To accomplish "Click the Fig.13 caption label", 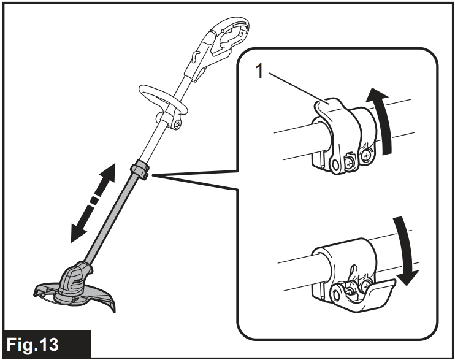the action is click(x=32, y=344).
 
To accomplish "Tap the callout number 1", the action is click(x=260, y=71).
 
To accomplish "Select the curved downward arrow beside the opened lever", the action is click(x=406, y=251).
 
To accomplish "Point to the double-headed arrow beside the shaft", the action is click(x=93, y=202).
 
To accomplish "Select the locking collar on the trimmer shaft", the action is click(x=140, y=170).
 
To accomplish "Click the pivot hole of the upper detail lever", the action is click(x=335, y=165).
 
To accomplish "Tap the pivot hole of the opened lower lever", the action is click(x=337, y=294).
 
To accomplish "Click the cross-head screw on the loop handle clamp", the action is click(x=178, y=124).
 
